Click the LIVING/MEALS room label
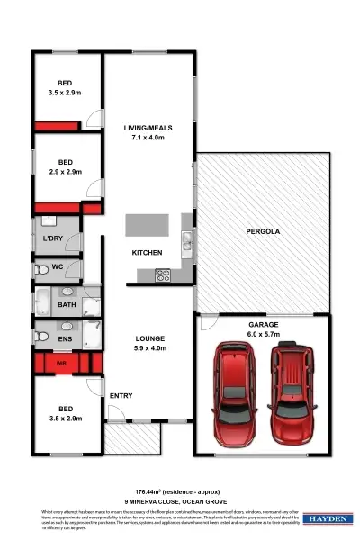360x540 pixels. (x=148, y=129)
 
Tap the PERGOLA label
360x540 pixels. (x=263, y=232)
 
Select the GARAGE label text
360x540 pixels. (x=263, y=324)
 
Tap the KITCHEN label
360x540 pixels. (x=147, y=253)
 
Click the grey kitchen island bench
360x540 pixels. (x=147, y=226)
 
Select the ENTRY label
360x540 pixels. (x=121, y=396)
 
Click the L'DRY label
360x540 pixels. (x=51, y=238)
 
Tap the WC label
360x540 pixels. (x=58, y=267)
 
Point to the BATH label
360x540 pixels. (x=67, y=305)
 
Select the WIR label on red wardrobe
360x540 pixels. (x=61, y=364)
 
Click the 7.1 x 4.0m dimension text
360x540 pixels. (x=148, y=139)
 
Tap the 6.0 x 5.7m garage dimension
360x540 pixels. (x=263, y=334)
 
